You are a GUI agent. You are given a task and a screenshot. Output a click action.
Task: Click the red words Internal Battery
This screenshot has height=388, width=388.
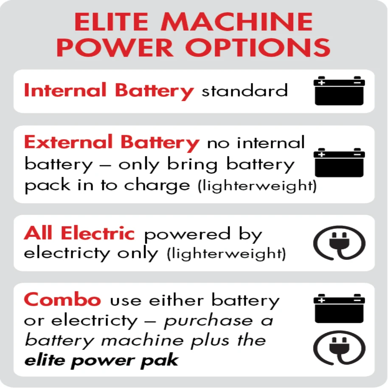(x=109, y=91)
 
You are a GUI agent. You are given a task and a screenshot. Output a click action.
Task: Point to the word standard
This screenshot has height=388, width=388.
(x=245, y=91)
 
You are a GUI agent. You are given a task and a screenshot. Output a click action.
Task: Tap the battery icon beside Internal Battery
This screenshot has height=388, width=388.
(x=339, y=90)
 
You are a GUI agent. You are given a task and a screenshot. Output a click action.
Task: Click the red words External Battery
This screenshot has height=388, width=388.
(x=111, y=143)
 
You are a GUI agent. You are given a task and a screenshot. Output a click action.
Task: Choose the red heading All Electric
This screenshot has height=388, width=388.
(x=79, y=234)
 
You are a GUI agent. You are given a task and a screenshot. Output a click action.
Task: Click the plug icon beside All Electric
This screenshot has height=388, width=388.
(x=339, y=243)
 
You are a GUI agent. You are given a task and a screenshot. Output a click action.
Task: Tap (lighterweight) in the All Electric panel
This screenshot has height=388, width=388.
(x=226, y=254)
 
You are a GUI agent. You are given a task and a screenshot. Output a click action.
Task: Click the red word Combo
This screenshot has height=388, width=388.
(x=62, y=300)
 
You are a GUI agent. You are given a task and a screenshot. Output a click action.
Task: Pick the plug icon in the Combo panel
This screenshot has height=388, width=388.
(x=339, y=348)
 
